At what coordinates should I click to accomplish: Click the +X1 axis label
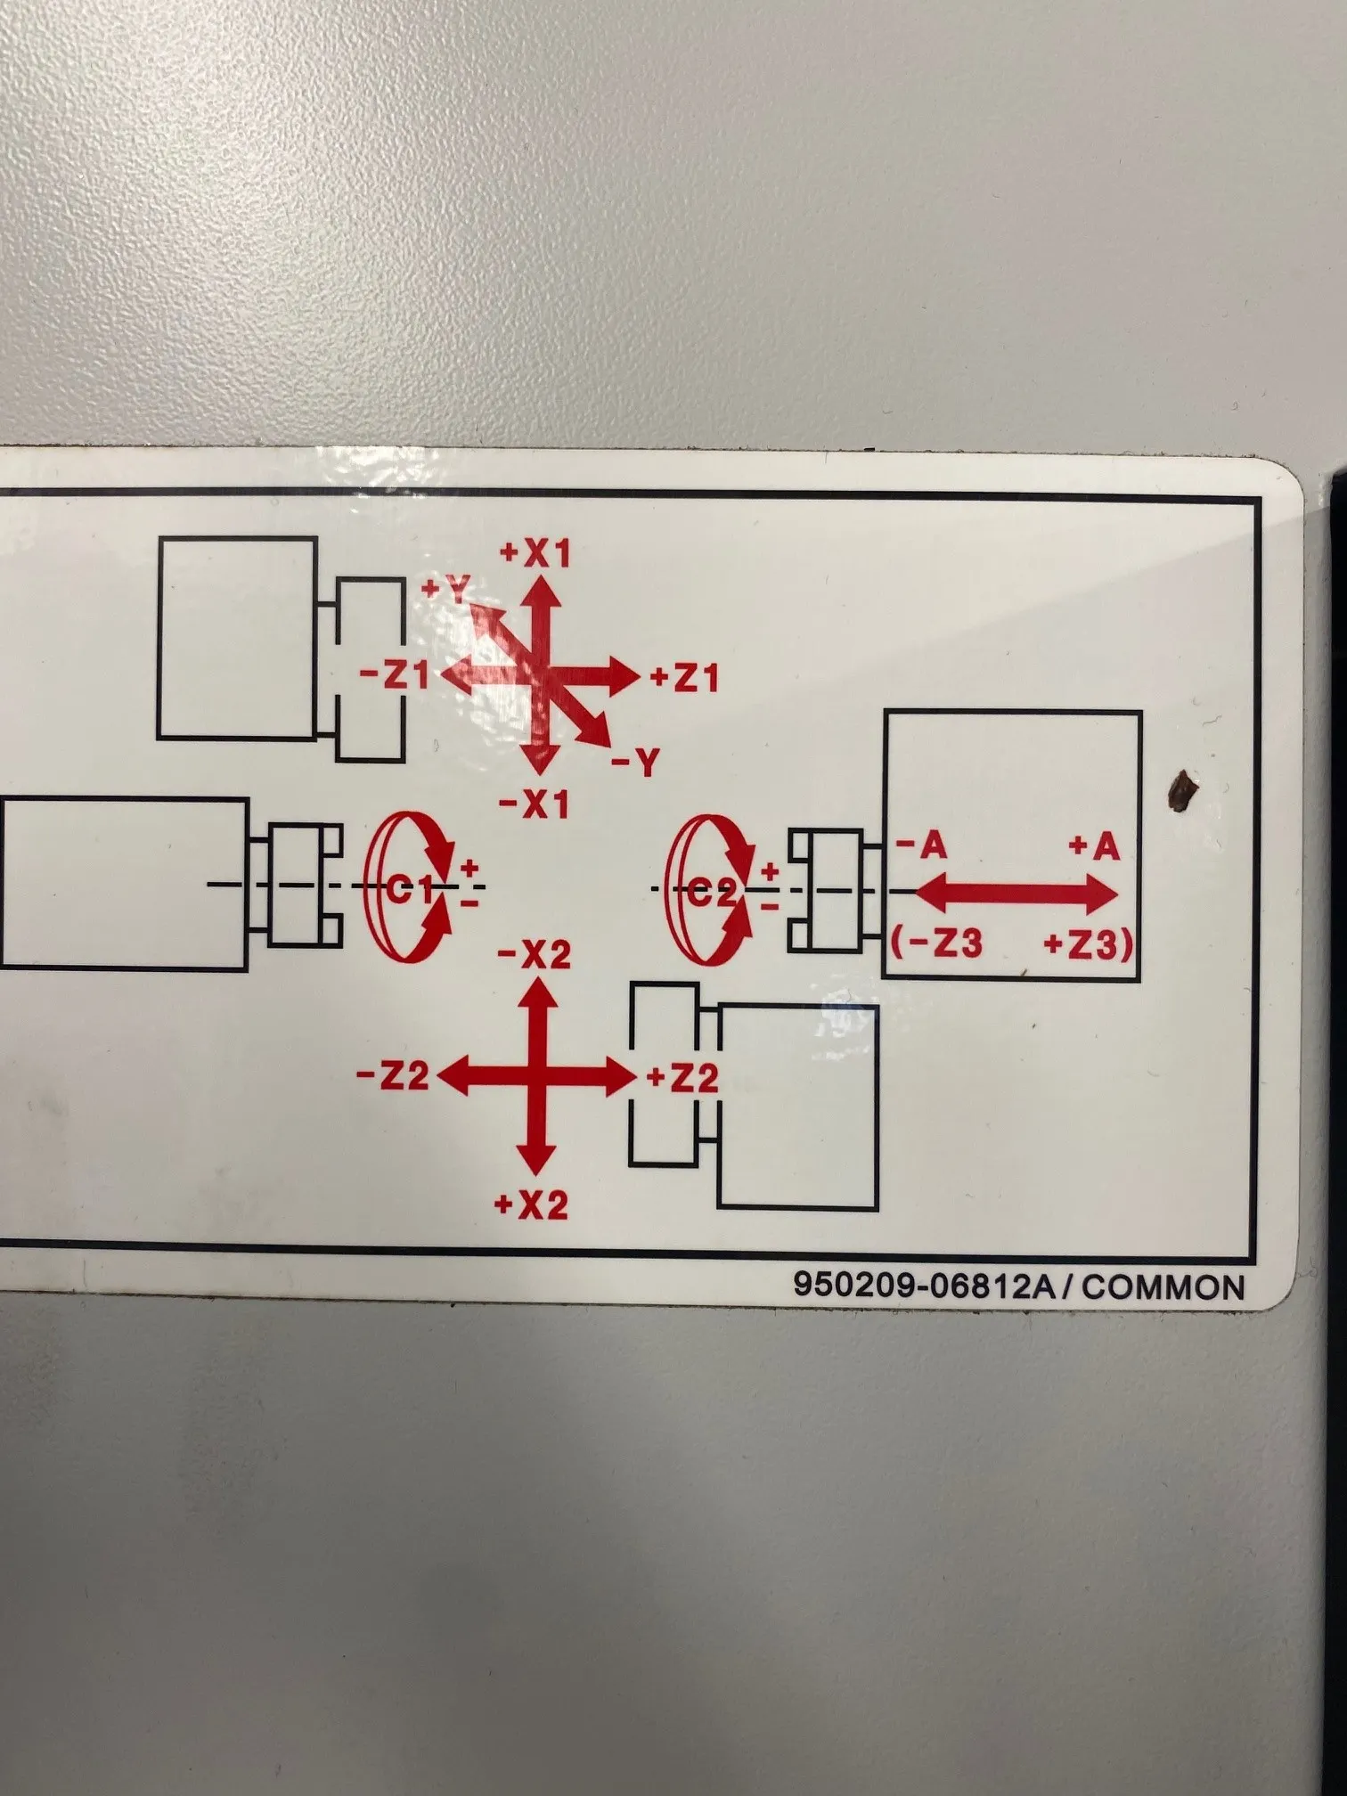(x=535, y=553)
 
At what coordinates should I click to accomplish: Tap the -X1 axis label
(x=535, y=805)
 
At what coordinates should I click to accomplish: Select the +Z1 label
(x=683, y=679)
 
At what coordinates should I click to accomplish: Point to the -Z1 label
(x=395, y=674)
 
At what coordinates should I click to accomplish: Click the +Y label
(x=445, y=590)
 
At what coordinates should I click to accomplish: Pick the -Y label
(x=636, y=763)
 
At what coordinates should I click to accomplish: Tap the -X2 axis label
(x=535, y=955)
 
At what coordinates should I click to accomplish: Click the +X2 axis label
(x=532, y=1205)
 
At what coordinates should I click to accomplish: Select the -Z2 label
(x=393, y=1076)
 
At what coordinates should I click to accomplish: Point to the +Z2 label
(x=682, y=1079)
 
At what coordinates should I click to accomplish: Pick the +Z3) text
(x=1089, y=944)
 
